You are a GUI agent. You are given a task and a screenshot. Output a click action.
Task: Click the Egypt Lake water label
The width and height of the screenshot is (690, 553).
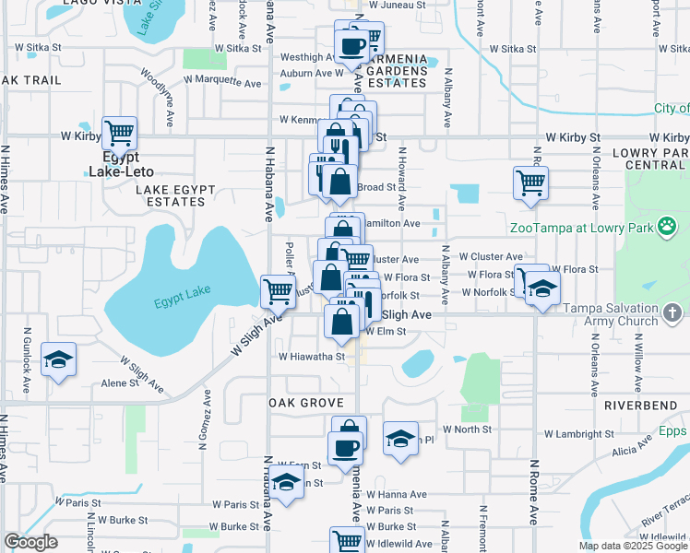tap(182, 297)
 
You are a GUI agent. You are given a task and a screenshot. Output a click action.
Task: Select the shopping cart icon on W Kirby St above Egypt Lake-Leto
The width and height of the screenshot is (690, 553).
tap(120, 135)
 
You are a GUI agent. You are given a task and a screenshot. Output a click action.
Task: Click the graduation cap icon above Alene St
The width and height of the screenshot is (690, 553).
tap(59, 359)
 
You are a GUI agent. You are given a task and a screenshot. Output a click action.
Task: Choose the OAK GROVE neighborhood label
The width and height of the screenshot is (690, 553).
tap(305, 404)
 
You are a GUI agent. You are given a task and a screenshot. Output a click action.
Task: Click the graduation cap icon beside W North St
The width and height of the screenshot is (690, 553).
tap(400, 439)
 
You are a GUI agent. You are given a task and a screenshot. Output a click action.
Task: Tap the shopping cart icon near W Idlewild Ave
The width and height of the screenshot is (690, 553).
tap(347, 541)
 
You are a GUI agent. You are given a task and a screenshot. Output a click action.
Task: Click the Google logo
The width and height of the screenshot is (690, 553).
tap(30, 542)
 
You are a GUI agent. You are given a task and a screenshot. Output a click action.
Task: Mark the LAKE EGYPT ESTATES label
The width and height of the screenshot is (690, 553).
tap(175, 195)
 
